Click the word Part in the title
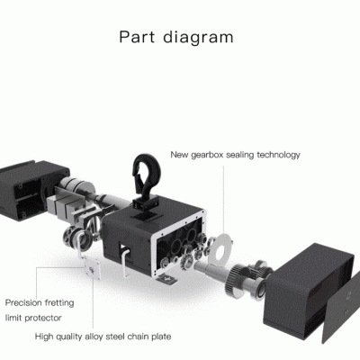click(x=137, y=37)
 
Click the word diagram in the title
click(x=198, y=38)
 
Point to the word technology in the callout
click(x=278, y=155)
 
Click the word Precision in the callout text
click(x=22, y=302)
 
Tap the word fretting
click(x=58, y=303)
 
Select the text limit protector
click(x=33, y=318)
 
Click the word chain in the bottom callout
click(x=138, y=337)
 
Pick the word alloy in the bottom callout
click(x=95, y=337)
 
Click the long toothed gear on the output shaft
click(x=232, y=280)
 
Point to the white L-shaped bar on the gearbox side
click(x=124, y=259)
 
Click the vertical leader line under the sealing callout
click(x=223, y=199)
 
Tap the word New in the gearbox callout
click(x=179, y=155)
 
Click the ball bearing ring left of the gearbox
click(x=71, y=238)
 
